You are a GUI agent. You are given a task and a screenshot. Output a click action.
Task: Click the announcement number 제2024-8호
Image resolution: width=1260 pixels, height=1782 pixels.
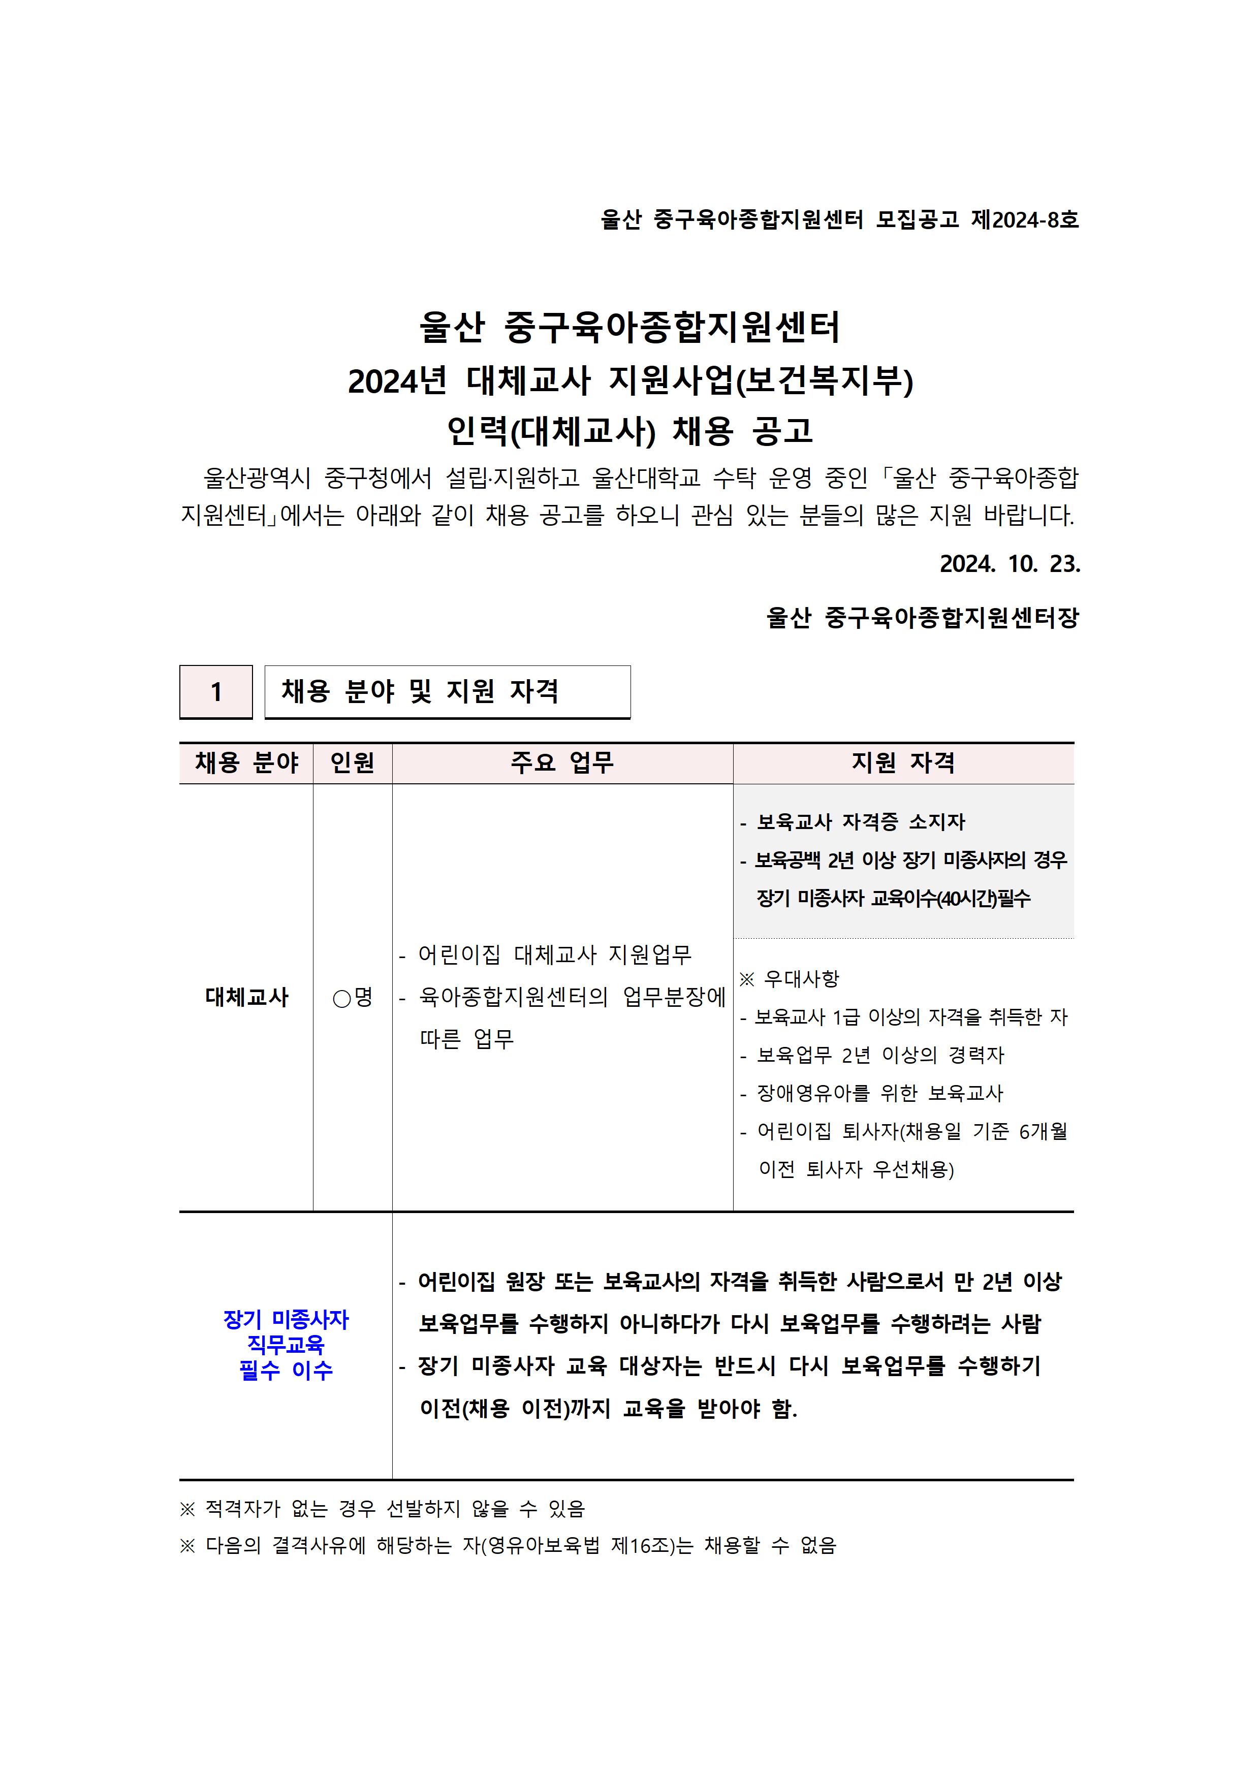point(1025,220)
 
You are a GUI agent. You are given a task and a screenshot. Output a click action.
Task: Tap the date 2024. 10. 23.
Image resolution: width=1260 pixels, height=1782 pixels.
point(1009,564)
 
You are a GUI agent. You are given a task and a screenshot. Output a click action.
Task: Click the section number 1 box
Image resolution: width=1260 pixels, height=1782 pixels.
point(216,691)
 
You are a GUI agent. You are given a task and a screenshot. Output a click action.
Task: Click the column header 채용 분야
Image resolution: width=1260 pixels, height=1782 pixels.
point(246,763)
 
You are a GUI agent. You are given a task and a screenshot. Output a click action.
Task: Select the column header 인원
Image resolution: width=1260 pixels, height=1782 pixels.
point(353,763)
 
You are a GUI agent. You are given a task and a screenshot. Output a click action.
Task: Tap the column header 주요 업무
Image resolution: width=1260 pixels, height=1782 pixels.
point(562,763)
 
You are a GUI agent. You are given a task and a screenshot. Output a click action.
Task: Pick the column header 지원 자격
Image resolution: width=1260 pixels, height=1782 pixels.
point(903,763)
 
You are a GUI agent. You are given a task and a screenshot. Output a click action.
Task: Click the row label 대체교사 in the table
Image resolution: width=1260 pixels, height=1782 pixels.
point(246,997)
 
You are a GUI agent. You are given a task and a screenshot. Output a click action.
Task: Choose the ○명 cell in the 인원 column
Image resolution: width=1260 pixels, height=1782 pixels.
point(353,997)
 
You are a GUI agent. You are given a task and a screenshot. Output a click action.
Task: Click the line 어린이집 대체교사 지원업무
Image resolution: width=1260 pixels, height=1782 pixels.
point(554,954)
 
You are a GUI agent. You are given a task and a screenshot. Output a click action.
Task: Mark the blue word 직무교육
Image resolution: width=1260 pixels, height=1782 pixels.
point(286,1345)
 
